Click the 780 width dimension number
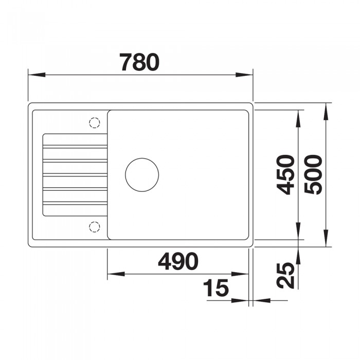point(140,62)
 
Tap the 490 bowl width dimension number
point(178,261)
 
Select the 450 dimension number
point(285,175)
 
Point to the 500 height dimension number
point(313,175)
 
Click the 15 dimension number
point(216,287)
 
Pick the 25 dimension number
point(285,275)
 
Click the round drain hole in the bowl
point(142,175)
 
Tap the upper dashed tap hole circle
point(94,122)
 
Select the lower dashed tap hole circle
point(94,227)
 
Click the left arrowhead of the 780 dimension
point(37,75)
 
